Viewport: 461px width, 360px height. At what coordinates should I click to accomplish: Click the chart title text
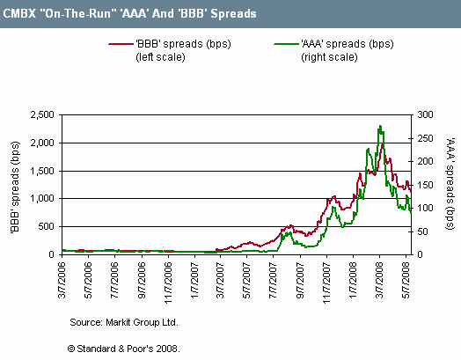pos(129,13)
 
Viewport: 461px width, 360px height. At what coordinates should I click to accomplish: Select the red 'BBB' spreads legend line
pos(121,44)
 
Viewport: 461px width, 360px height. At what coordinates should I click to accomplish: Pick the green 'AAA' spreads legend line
pos(286,44)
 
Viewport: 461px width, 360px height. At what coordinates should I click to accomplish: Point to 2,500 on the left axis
pos(42,114)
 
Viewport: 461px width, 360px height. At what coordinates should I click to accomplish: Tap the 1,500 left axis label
pos(42,171)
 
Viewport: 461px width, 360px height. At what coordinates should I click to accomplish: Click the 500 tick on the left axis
pos(46,226)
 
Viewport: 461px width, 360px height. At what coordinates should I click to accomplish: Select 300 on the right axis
pos(425,114)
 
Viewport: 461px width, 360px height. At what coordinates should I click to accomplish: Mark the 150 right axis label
pos(425,186)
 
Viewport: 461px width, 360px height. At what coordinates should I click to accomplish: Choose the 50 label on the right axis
pos(422,231)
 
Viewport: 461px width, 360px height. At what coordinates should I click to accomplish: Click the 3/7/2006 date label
pos(62,280)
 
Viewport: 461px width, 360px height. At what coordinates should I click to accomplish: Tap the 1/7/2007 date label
pos(194,280)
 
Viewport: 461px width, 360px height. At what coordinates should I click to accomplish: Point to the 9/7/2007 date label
pos(300,280)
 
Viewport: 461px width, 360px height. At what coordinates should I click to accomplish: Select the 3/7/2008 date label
pos(379,280)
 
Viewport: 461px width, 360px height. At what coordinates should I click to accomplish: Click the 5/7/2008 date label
pos(406,280)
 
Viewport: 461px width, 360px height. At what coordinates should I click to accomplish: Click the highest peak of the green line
pos(380,126)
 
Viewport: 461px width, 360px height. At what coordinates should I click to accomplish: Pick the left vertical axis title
pos(15,187)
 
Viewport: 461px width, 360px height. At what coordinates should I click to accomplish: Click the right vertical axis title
pos(450,184)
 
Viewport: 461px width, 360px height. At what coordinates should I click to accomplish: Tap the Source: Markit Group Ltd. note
pos(124,322)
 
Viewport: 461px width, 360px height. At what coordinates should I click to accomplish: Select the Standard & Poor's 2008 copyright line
pos(123,349)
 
